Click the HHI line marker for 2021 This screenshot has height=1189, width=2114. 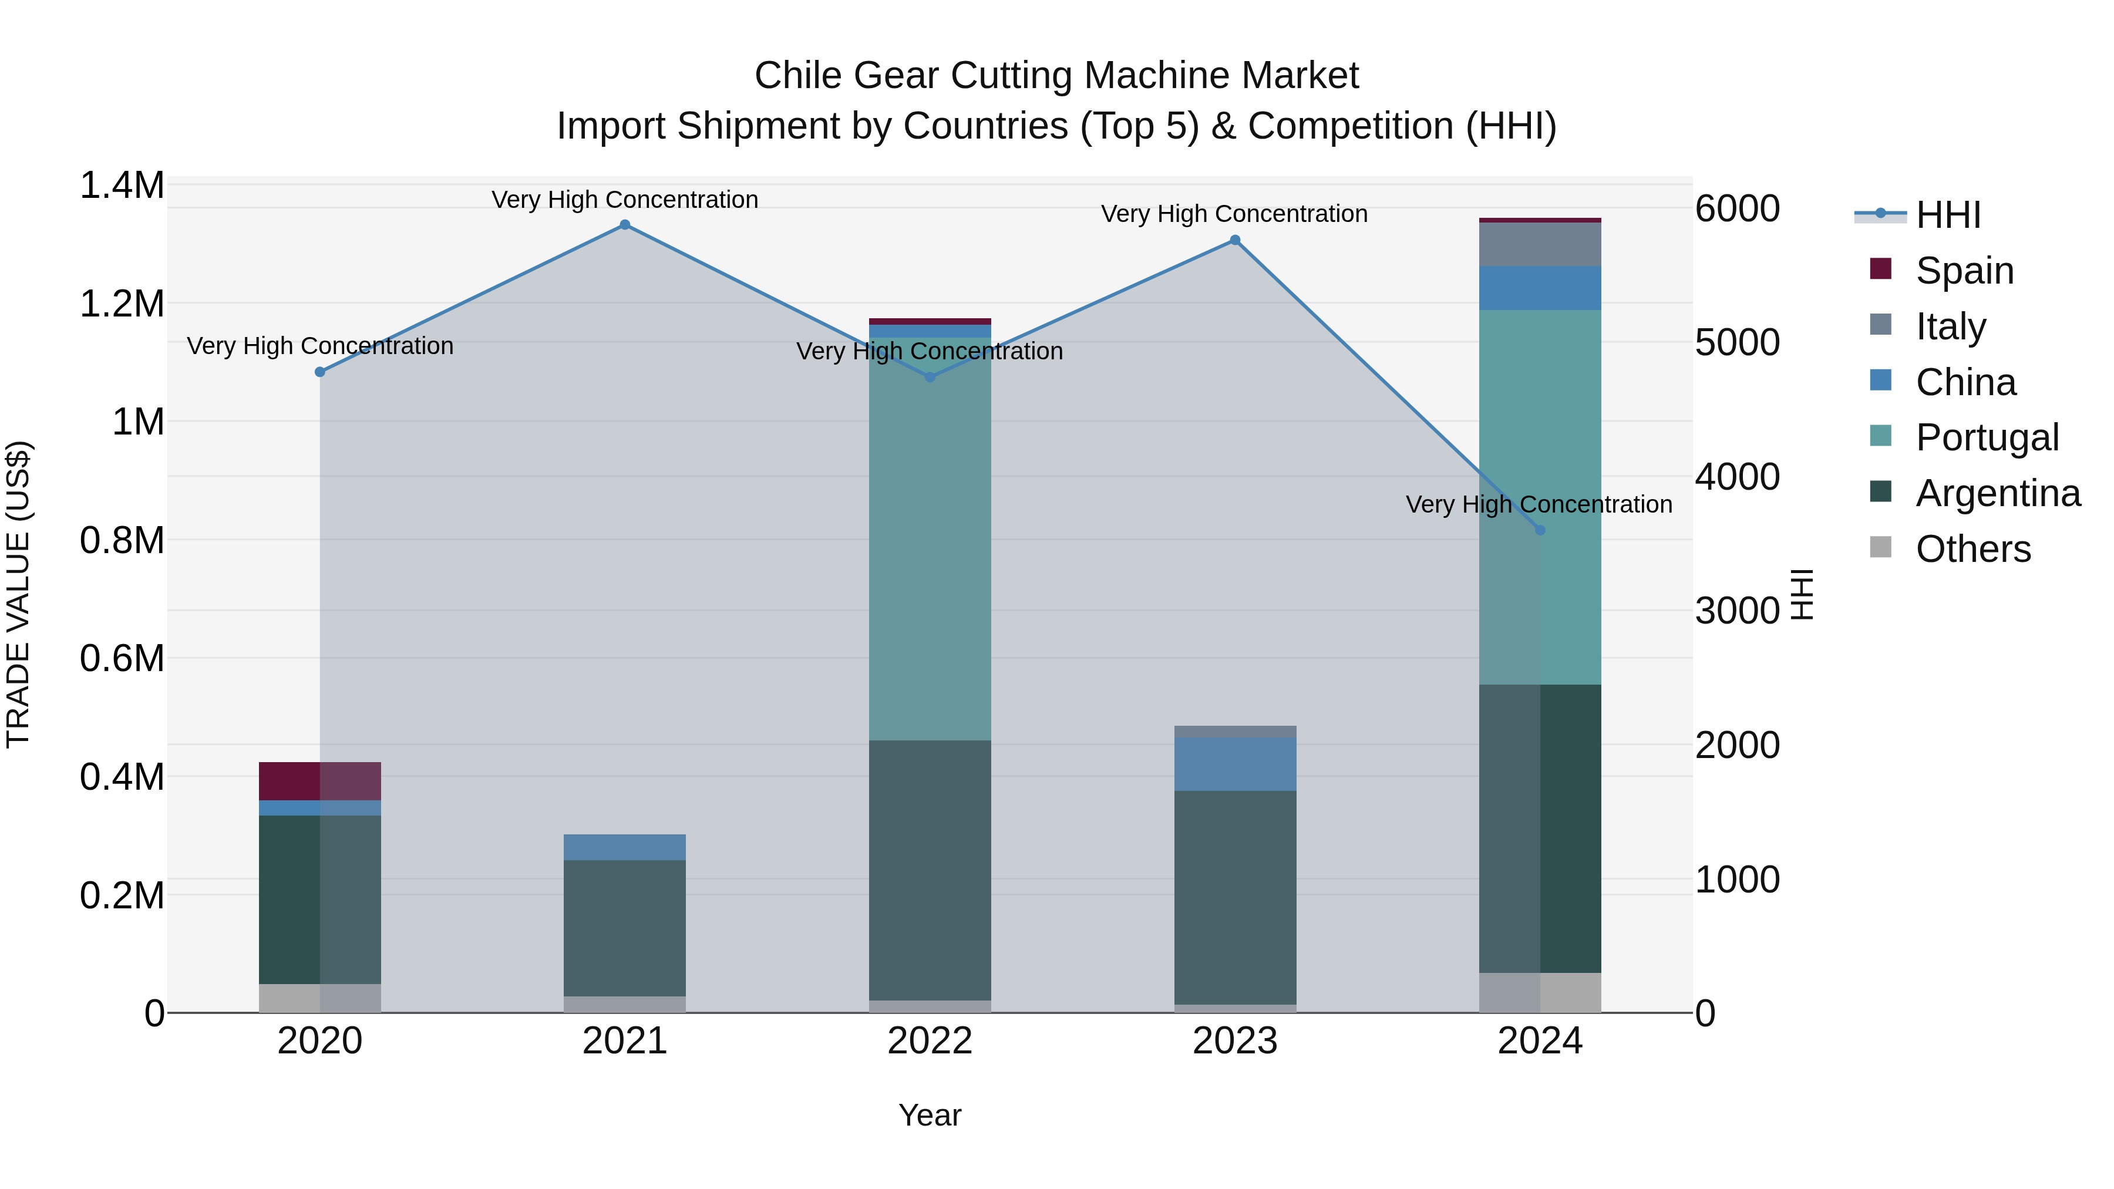(x=625, y=225)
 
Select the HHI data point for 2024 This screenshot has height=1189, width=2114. (x=1540, y=530)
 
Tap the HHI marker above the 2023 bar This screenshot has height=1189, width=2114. (x=1235, y=240)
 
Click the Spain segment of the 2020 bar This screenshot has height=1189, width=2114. (x=319, y=780)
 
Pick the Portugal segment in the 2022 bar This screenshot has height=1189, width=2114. (x=930, y=538)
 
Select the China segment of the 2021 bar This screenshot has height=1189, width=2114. (x=625, y=847)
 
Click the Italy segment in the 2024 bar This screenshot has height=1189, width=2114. (x=1540, y=244)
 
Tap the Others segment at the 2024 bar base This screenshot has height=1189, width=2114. (x=1540, y=992)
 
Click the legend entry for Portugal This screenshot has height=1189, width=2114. (x=1987, y=437)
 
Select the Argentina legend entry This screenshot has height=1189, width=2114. (x=1998, y=493)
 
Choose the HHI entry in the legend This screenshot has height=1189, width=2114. (x=1947, y=215)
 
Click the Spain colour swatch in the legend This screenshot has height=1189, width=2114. (x=1880, y=269)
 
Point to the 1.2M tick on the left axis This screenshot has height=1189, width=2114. (x=122, y=304)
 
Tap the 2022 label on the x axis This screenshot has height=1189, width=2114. (x=930, y=1041)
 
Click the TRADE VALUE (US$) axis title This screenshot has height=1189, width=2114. (x=18, y=594)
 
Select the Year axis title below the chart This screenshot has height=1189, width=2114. (x=930, y=1115)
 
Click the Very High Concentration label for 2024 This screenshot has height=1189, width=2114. (x=1539, y=504)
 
